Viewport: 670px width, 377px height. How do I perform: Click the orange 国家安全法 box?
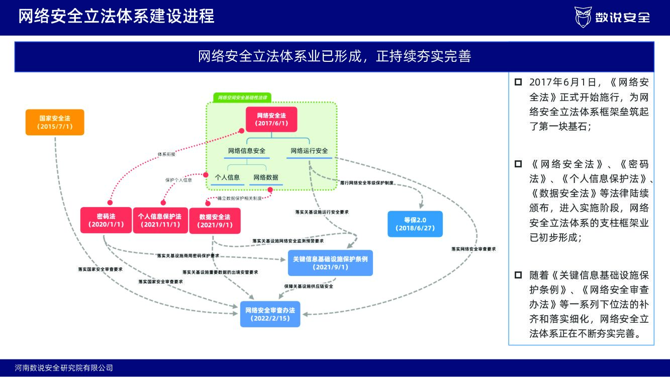[x=55, y=122]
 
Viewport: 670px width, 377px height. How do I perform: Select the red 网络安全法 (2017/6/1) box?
[x=271, y=119]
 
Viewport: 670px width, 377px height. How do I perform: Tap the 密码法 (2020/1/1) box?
[x=106, y=220]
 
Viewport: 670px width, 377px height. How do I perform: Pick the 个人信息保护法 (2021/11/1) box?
[x=160, y=220]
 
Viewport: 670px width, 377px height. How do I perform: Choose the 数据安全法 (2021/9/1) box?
[x=215, y=221]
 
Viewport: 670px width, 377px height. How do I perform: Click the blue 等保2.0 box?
[x=415, y=224]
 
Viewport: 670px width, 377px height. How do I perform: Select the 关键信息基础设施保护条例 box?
[x=330, y=263]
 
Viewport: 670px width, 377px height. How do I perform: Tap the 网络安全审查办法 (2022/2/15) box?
[x=270, y=314]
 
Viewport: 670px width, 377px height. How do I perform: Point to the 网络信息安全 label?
[x=247, y=151]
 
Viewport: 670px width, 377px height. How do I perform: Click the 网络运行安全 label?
[x=309, y=151]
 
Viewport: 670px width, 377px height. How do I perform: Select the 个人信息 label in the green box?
[x=227, y=177]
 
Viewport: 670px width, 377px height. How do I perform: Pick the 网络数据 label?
[x=266, y=177]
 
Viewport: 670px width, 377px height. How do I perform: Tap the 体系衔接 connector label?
[x=166, y=154]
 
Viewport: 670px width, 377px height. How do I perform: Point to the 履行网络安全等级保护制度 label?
[x=366, y=183]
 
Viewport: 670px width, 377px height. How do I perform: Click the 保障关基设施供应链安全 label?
[x=309, y=286]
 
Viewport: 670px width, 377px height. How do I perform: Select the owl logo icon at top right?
[x=583, y=17]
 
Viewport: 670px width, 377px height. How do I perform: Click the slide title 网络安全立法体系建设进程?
[x=117, y=16]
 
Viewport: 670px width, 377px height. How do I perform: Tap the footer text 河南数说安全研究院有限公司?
[x=64, y=368]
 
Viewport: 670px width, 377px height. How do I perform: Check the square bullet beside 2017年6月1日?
[x=518, y=82]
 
